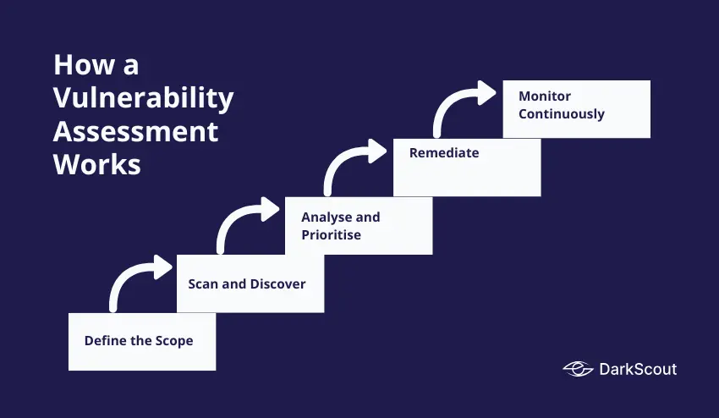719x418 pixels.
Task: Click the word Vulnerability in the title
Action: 143,98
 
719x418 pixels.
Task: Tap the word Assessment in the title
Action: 135,131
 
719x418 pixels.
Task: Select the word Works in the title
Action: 96,164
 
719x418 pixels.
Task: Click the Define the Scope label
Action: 139,341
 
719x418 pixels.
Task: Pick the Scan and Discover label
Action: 247,283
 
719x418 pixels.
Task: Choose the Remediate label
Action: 444,153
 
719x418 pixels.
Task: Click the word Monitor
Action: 546,96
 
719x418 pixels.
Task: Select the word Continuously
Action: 562,113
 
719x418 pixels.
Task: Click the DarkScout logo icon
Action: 578,369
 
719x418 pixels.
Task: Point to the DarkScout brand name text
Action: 637,369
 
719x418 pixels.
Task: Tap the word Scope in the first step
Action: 173,341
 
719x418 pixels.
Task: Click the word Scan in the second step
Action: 203,283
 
